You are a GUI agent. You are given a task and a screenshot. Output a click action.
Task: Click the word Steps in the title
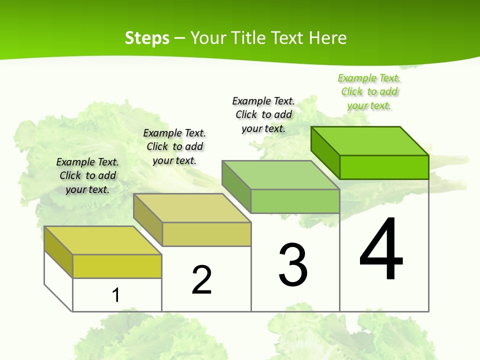click(147, 38)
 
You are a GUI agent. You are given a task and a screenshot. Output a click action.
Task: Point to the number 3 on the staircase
click(293, 265)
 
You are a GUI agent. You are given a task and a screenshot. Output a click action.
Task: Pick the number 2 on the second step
click(202, 280)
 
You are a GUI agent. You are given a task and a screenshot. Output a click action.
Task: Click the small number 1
click(116, 295)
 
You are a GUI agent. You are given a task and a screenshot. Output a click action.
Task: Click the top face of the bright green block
click(370, 140)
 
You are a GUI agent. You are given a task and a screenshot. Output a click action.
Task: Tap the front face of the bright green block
click(384, 167)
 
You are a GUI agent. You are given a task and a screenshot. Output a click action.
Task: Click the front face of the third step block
click(295, 201)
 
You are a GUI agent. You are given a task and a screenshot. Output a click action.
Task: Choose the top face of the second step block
click(192, 208)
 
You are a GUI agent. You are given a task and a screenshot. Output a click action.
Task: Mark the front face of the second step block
click(206, 234)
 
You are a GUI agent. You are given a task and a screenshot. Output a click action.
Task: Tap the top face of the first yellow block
click(103, 240)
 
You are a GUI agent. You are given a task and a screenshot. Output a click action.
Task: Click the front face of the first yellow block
click(117, 266)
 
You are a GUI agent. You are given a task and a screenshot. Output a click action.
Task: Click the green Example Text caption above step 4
click(369, 91)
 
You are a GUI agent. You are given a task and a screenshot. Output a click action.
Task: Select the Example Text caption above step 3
click(263, 114)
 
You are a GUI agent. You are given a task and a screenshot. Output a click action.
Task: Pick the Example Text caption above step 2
click(174, 146)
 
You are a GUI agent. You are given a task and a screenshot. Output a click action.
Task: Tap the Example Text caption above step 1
click(87, 175)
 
